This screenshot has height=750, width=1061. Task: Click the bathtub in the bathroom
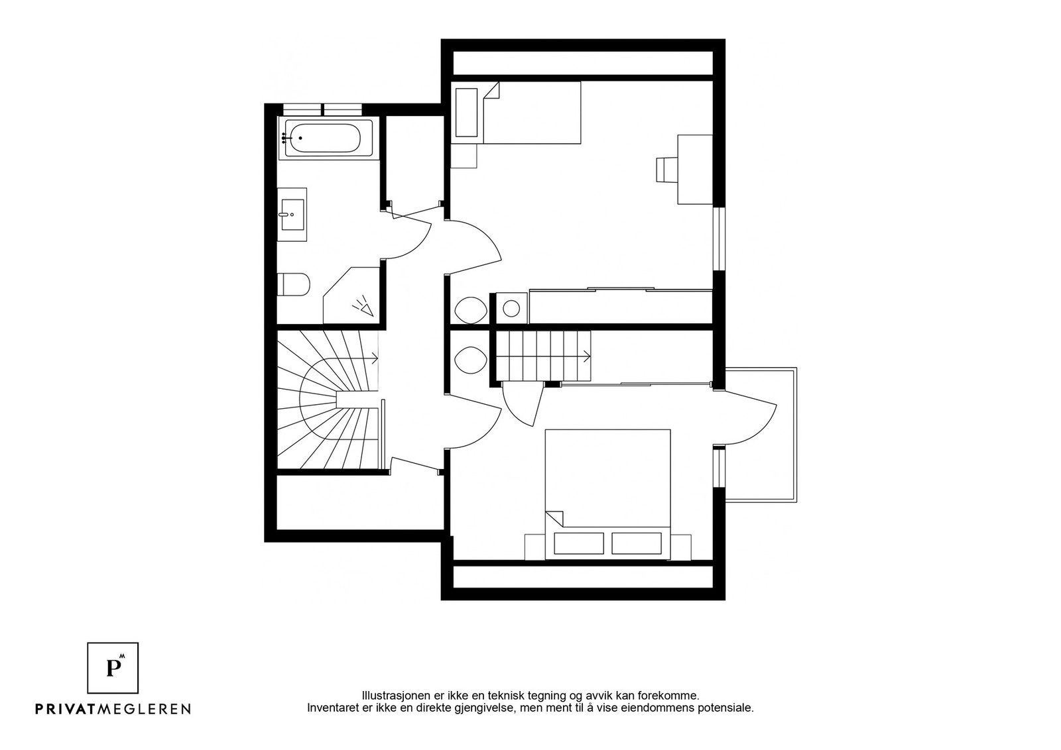[329, 138]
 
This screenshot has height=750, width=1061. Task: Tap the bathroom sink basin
[292, 215]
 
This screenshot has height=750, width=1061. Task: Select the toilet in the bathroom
[293, 284]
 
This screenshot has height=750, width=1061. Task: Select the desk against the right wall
[695, 170]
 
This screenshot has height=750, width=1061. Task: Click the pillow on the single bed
[466, 113]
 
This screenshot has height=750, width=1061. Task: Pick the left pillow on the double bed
[579, 543]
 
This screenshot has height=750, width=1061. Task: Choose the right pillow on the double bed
[636, 543]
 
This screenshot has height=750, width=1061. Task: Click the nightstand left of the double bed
[535, 547]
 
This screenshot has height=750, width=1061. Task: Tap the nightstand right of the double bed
[680, 547]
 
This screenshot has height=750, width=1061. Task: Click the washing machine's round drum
[511, 309]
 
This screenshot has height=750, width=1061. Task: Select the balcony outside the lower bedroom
[761, 435]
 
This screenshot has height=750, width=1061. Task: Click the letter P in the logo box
[113, 668]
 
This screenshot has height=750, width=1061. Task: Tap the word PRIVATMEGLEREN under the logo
[113, 709]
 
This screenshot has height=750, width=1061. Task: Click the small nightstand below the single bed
[464, 156]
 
